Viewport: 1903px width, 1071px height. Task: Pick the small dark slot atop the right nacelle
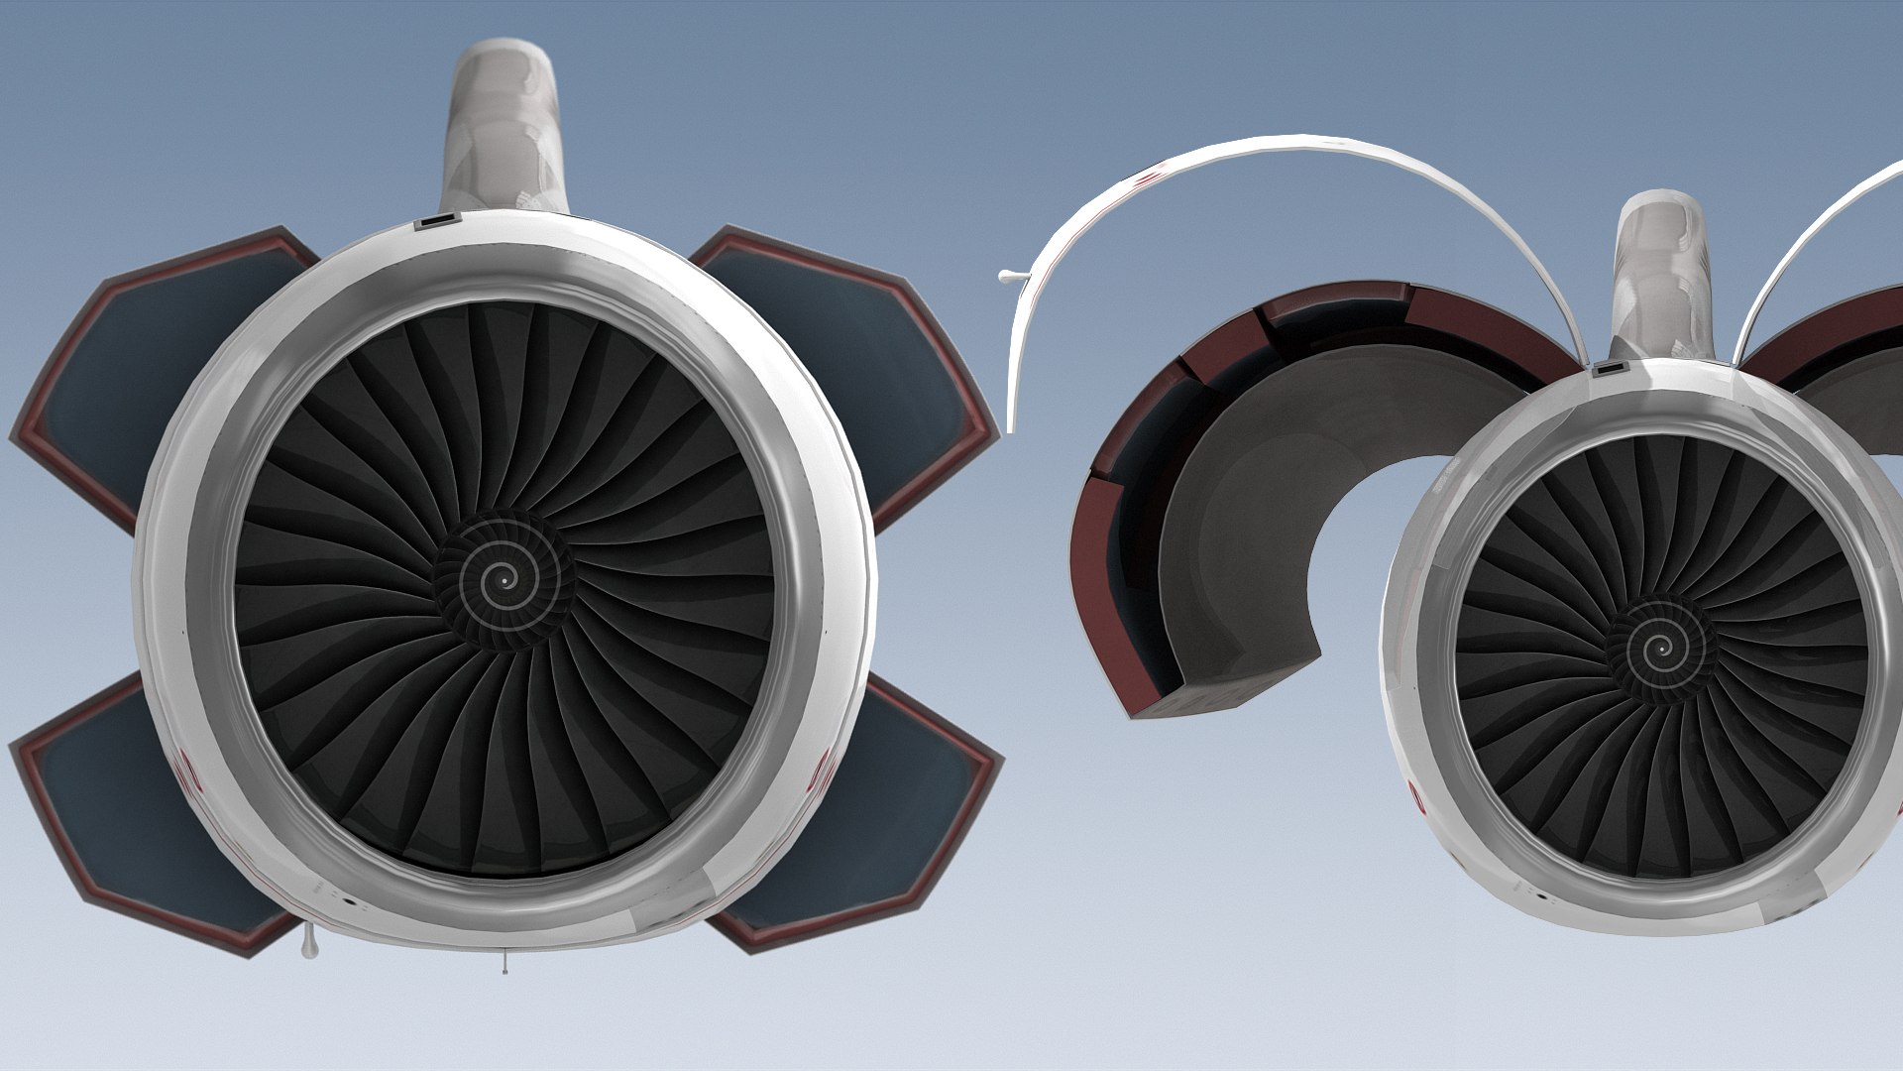coord(1607,370)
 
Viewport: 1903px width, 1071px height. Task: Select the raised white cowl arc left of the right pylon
coord(1288,159)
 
